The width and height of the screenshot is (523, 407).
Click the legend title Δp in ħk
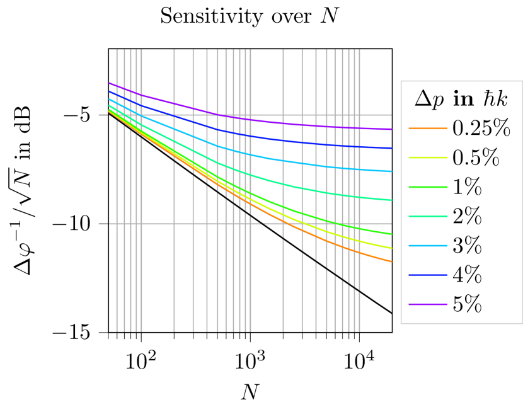(461, 99)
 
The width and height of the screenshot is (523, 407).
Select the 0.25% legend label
(481, 129)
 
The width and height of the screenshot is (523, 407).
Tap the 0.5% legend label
(476, 158)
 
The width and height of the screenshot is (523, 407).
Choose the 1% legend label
(467, 187)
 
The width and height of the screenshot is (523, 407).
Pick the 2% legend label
(467, 217)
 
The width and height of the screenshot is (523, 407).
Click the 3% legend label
(467, 246)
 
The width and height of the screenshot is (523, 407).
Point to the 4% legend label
(467, 275)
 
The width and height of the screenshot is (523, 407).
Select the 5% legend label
(467, 304)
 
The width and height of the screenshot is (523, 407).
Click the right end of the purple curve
(391, 129)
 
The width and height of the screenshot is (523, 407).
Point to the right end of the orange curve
(391, 261)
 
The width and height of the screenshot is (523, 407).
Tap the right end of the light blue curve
(391, 171)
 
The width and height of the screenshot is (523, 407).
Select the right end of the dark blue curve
(391, 148)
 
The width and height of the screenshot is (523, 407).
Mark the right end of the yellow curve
(391, 248)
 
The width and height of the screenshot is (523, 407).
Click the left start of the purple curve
(110, 83)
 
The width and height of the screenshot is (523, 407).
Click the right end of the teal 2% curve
(391, 200)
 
